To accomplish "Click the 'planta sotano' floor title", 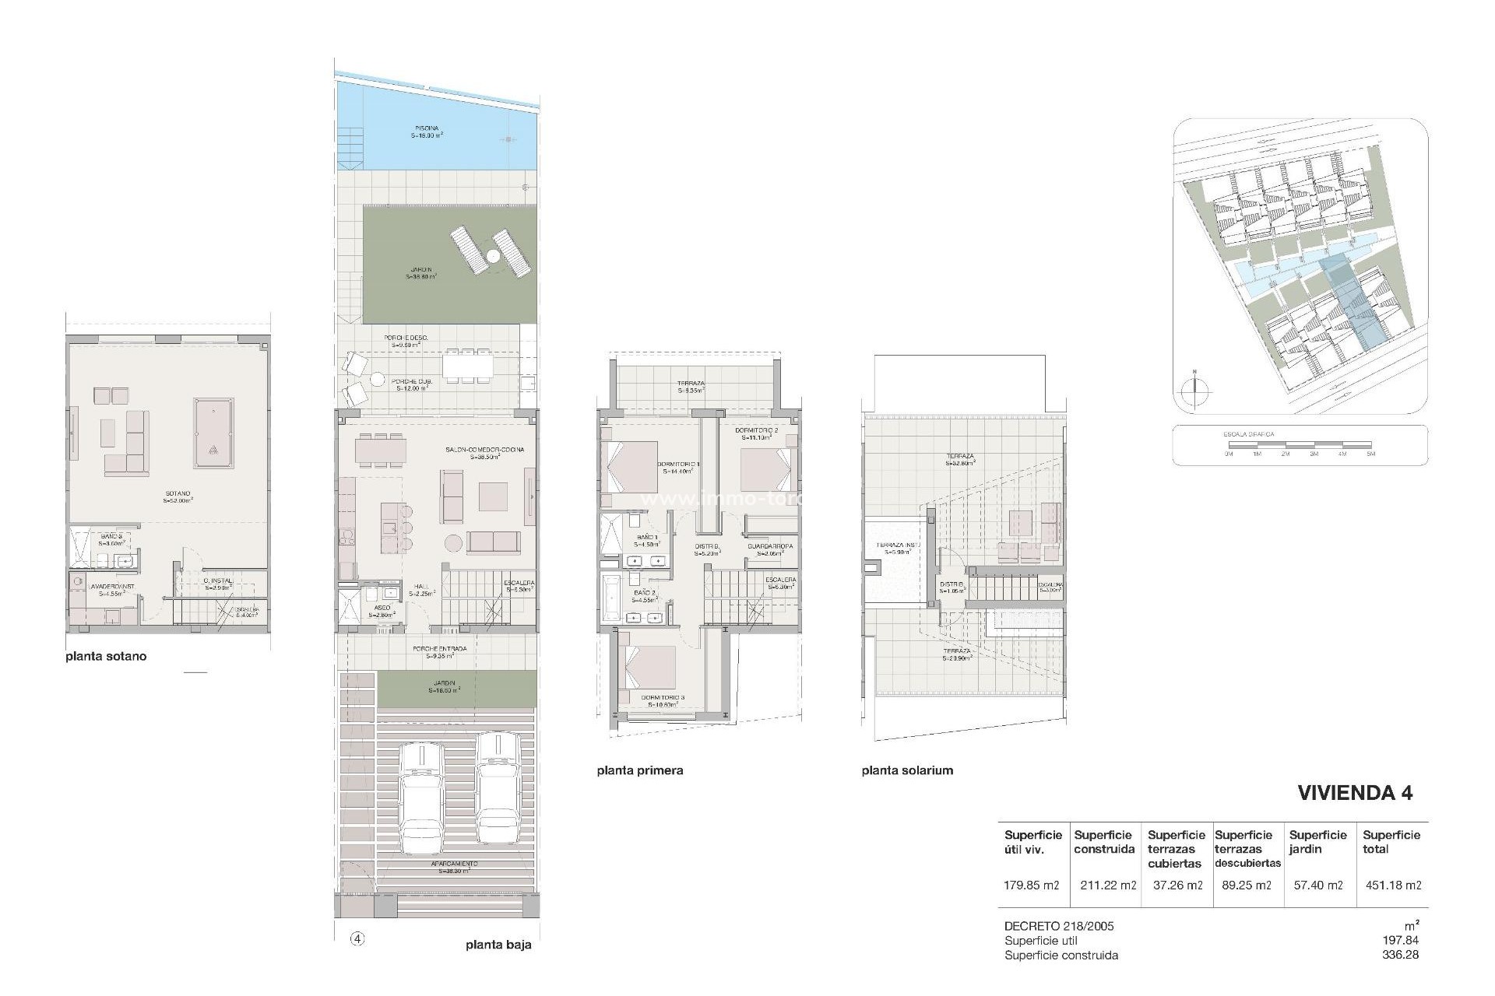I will click(106, 656).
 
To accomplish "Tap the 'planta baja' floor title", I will click(498, 945).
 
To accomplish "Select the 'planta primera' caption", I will click(640, 770).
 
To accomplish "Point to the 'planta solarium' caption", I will click(907, 770).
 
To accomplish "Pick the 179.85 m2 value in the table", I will click(1032, 885).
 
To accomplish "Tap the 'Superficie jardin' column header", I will click(1317, 842).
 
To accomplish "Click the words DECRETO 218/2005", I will click(1059, 926).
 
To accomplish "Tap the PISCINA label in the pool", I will click(426, 128).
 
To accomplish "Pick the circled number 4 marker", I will click(357, 938).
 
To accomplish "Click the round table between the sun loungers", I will click(493, 255).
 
